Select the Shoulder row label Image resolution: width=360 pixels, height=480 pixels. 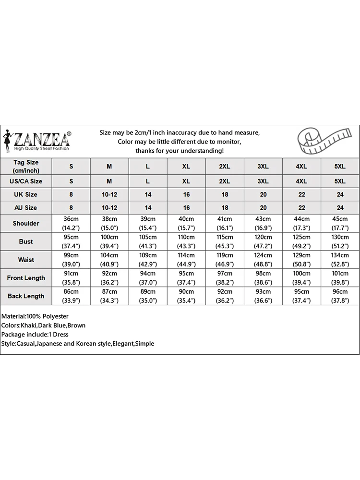(x=26, y=223)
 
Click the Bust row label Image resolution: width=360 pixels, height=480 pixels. (x=26, y=241)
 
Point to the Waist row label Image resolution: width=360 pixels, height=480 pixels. (x=26, y=260)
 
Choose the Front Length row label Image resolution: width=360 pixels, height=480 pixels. (x=26, y=278)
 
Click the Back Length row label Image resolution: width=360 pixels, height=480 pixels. (x=26, y=296)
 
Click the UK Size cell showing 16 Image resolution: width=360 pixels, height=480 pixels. (x=186, y=194)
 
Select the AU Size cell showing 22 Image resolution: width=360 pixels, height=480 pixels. (x=301, y=208)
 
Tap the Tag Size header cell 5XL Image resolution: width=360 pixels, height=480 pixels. (x=340, y=166)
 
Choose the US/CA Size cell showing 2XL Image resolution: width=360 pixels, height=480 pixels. (x=225, y=181)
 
